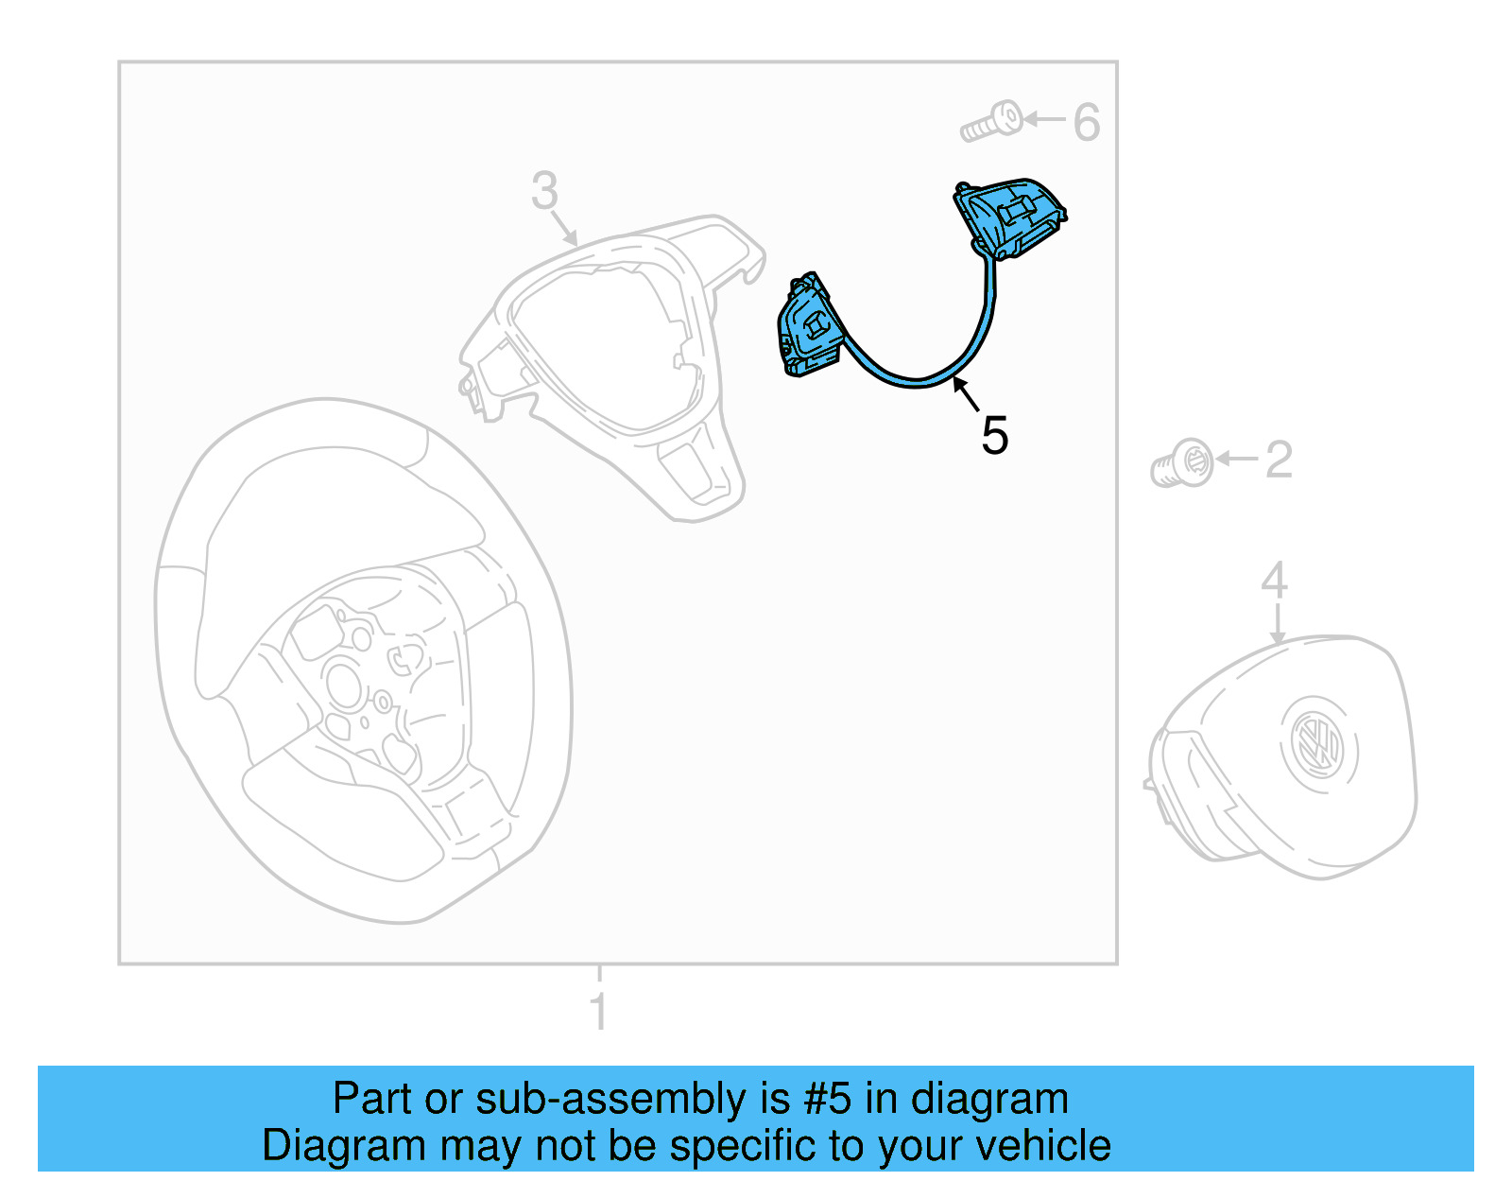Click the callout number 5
(994, 436)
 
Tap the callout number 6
(1087, 122)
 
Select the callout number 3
(544, 191)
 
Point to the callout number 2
(1278, 460)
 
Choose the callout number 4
(1274, 580)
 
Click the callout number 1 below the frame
(598, 1011)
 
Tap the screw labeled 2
(1182, 463)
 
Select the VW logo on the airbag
(1317, 743)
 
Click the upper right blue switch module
(1008, 217)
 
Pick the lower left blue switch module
(809, 327)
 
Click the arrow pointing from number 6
(1044, 119)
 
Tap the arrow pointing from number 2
(1235, 459)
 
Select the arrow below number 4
(1278, 624)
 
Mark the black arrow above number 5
(965, 392)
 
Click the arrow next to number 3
(564, 228)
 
